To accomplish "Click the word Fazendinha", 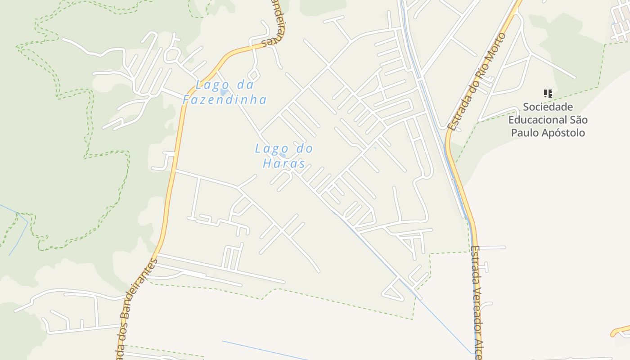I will click(225, 99).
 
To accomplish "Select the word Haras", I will click(284, 163).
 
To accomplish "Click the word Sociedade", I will click(548, 107).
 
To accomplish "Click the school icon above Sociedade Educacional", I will click(548, 94).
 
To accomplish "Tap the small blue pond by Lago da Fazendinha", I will click(224, 92).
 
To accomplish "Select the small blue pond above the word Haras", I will click(283, 155).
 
